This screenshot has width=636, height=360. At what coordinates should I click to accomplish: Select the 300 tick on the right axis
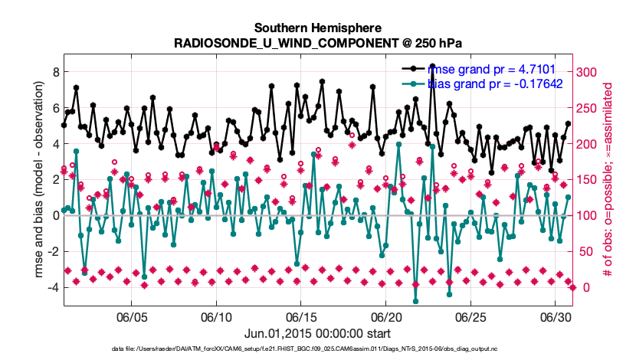coord(588,72)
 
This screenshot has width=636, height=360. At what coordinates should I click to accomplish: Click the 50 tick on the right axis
coord(586,251)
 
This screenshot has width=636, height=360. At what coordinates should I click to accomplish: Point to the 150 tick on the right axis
coord(588,179)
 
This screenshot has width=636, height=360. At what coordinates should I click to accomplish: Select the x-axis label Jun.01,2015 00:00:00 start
coord(318,333)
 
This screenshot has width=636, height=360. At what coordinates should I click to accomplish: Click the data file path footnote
coord(318,349)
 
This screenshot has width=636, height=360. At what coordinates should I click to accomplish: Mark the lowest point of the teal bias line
coord(415,301)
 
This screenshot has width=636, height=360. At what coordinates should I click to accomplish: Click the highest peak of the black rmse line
coord(433,66)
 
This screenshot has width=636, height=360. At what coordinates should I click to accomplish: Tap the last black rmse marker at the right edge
coord(569,123)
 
